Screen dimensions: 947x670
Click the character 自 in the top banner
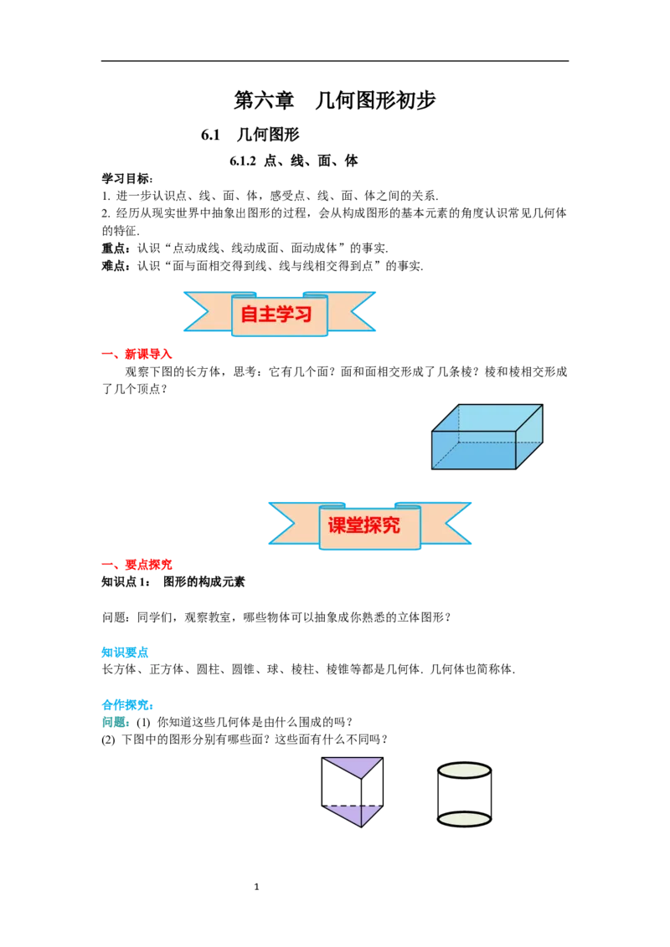pos(250,315)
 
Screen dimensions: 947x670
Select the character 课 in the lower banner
pos(338,525)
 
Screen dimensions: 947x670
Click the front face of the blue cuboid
pos(473,449)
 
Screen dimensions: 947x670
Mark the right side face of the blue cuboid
pos(529,437)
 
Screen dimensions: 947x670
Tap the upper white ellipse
pos(464,770)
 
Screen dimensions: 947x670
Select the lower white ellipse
pos(464,819)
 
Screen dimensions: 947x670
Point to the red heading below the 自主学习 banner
pos(138,355)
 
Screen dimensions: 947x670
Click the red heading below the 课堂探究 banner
pos(138,566)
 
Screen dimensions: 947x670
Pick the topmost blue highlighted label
pos(126,652)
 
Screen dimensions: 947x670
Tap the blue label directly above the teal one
pos(127,704)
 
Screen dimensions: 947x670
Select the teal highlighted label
pos(116,721)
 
